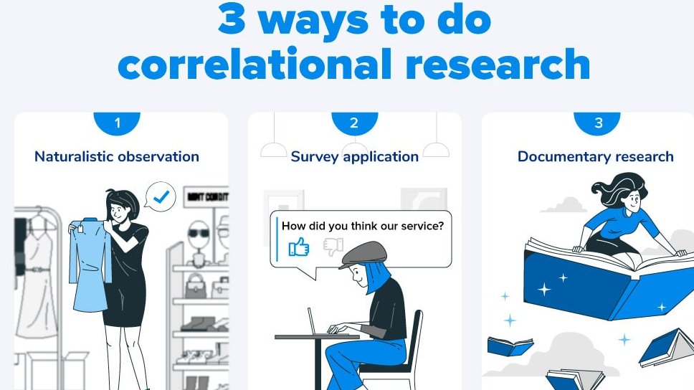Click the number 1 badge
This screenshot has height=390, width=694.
[118, 123]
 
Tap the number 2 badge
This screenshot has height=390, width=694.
[353, 123]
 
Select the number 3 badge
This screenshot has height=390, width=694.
[599, 123]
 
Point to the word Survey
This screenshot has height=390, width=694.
[313, 156]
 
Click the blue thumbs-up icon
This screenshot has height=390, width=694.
[298, 247]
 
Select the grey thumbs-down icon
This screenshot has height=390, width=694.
[333, 247]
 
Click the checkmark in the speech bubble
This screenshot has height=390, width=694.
[163, 196]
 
